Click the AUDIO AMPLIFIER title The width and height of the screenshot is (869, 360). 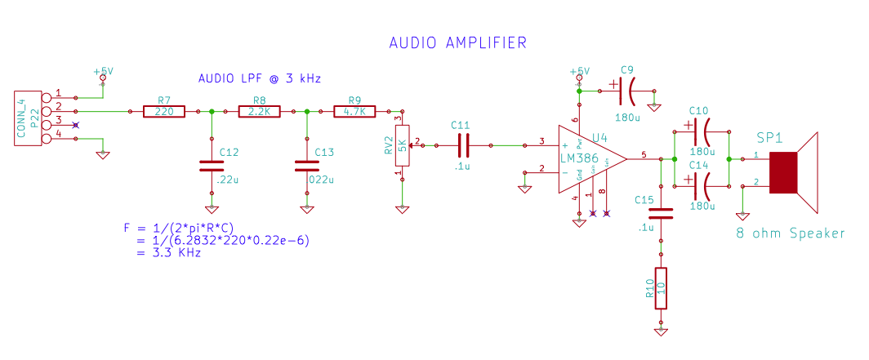point(457,42)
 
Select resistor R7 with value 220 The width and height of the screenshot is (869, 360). point(164,111)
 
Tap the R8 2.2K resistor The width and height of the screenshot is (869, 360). point(260,111)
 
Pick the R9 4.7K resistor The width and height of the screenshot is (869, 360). point(355,111)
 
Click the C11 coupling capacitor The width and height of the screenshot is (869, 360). point(463,146)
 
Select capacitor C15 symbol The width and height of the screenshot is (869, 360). point(661,213)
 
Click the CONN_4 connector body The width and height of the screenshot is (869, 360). point(27,117)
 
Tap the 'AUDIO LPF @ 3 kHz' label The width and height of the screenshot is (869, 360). point(260,79)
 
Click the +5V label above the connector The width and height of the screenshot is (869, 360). point(103,71)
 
